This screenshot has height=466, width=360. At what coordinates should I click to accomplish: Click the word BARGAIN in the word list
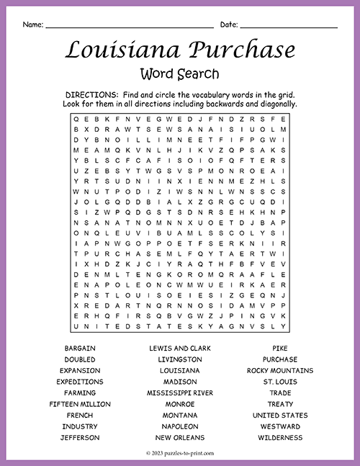point(79,348)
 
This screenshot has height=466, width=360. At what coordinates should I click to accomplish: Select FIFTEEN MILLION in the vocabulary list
point(79,404)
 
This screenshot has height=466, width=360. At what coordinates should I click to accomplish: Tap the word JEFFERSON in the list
point(79,437)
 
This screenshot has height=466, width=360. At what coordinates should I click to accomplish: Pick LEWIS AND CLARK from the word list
point(179,348)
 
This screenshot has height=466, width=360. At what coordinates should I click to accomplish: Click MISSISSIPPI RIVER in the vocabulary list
point(179,393)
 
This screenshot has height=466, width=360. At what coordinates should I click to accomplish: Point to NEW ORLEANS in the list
point(179,437)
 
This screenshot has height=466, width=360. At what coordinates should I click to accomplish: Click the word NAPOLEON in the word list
point(179,426)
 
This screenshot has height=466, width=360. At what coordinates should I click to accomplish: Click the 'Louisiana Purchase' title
point(180,50)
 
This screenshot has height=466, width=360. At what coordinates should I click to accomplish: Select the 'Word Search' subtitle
point(180,73)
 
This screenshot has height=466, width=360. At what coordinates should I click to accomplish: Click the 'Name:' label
point(32,25)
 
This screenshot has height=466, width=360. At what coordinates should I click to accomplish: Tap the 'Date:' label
point(229,25)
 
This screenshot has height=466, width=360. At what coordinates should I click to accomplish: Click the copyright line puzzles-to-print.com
point(180,454)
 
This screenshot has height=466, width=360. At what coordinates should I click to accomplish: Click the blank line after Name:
point(129,27)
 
